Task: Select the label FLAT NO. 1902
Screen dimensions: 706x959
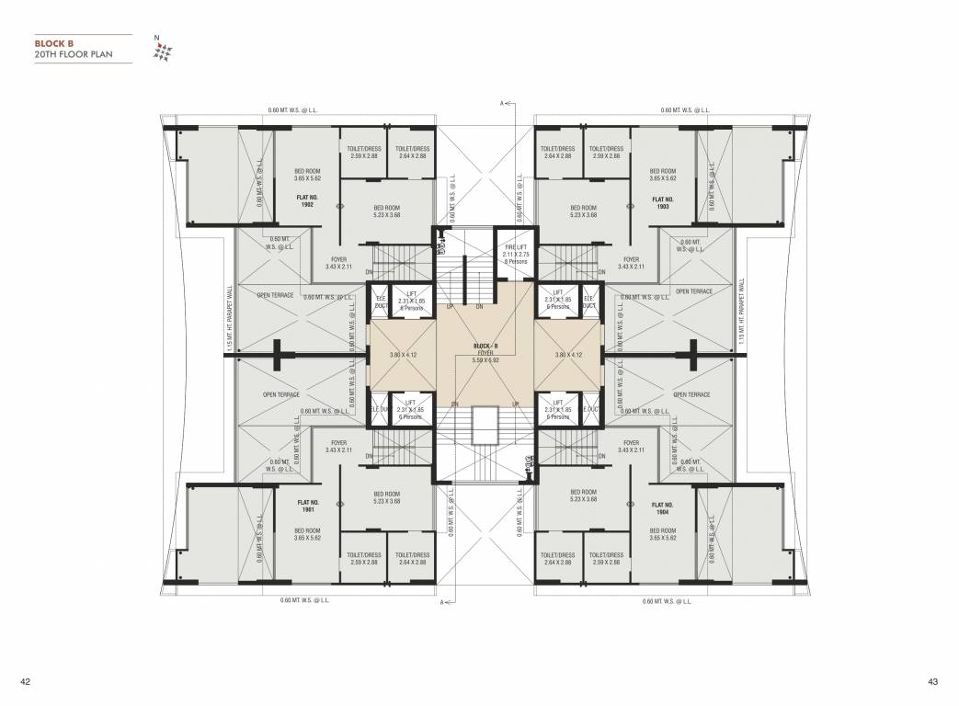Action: pyautogui.click(x=307, y=202)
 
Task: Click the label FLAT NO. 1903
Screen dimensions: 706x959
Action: pyautogui.click(x=663, y=202)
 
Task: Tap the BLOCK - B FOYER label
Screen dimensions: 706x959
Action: pyautogui.click(x=485, y=348)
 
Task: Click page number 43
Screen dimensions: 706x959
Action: pyautogui.click(x=932, y=681)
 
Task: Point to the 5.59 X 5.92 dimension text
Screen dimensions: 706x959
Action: pyautogui.click(x=485, y=359)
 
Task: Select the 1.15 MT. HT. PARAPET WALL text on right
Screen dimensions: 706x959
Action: pyautogui.click(x=741, y=318)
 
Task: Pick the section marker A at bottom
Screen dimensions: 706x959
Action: pyautogui.click(x=441, y=603)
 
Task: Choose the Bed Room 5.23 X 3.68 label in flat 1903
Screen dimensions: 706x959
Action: pyautogui.click(x=583, y=211)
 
